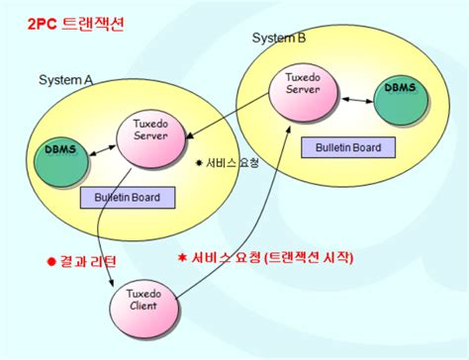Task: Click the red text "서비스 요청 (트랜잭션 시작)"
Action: point(272,256)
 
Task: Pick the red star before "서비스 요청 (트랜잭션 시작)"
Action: point(182,257)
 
